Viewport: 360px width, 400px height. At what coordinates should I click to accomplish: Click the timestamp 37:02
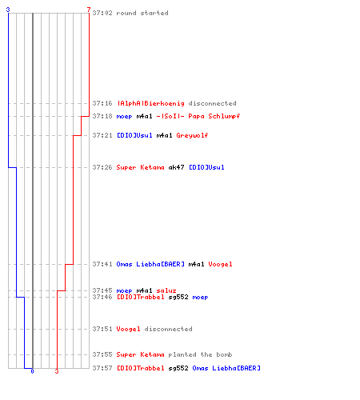click(x=102, y=13)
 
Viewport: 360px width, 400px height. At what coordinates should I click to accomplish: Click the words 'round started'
click(x=142, y=13)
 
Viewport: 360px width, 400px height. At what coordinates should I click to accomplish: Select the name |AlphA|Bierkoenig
click(x=150, y=103)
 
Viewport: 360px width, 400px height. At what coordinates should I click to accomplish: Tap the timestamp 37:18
click(x=102, y=116)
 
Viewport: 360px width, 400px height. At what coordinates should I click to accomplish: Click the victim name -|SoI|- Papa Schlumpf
click(x=198, y=116)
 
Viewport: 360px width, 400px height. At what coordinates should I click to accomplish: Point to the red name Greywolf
click(x=192, y=135)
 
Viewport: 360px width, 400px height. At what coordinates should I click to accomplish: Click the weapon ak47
click(x=176, y=167)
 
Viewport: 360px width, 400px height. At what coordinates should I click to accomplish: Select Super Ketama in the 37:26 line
click(x=140, y=167)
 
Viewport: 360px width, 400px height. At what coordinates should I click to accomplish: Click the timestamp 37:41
click(x=102, y=264)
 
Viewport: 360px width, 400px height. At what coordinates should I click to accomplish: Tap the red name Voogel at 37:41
click(x=220, y=264)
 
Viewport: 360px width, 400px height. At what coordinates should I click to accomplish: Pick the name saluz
click(x=166, y=290)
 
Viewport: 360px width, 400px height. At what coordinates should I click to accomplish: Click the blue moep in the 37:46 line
click(x=200, y=298)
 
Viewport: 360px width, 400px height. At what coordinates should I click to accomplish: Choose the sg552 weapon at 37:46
click(x=178, y=297)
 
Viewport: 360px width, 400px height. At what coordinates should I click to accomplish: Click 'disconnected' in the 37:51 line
click(x=168, y=329)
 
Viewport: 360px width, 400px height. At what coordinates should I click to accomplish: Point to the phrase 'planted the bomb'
click(x=200, y=354)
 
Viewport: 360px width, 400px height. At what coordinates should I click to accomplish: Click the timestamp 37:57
click(x=102, y=368)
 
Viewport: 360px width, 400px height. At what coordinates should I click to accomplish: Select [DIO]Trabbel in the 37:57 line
click(x=141, y=368)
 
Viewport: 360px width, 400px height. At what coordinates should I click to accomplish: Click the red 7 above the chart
click(x=89, y=10)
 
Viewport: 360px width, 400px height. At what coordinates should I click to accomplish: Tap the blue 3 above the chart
click(x=8, y=10)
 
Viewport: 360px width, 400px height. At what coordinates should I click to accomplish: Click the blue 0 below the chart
click(x=32, y=371)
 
